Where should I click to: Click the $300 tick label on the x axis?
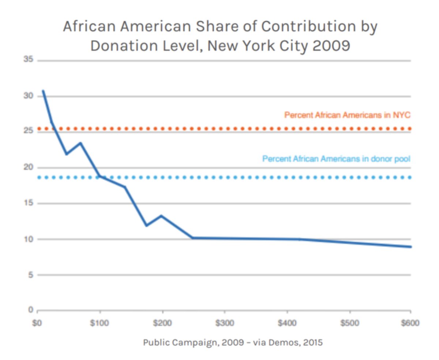(224, 323)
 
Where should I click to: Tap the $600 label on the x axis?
(410, 323)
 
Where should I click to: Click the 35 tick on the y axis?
(29, 60)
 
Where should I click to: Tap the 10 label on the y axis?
(29, 239)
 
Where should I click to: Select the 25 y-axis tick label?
(29, 132)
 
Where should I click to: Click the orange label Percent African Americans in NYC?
(348, 115)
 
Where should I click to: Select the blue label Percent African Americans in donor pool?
(336, 159)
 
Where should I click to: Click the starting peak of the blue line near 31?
(43, 91)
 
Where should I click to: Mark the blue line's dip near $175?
(147, 225)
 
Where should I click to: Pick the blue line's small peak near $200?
(161, 216)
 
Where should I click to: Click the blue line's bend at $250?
(193, 238)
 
